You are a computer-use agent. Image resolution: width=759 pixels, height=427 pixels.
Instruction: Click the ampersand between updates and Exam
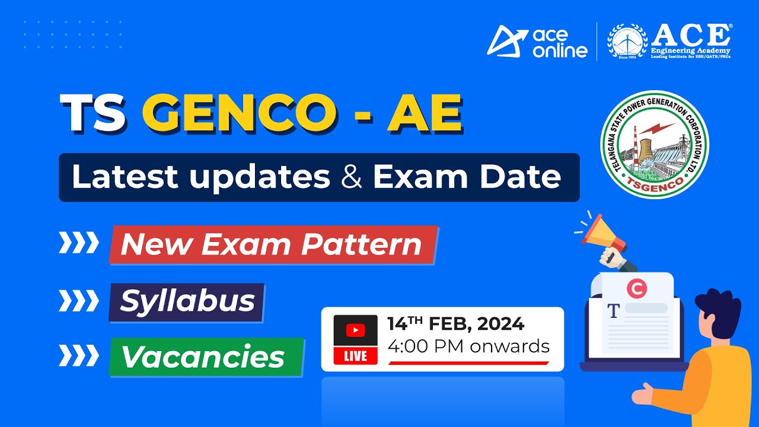point(352,177)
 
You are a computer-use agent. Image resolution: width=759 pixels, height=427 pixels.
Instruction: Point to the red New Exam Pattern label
point(272,244)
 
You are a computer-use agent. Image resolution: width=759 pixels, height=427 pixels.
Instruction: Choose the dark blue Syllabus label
point(187,301)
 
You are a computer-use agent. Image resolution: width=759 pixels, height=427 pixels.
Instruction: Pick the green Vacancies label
point(205,356)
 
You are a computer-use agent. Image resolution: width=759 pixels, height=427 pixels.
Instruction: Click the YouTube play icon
point(356,330)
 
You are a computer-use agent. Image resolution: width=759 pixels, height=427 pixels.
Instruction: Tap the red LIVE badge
point(356,355)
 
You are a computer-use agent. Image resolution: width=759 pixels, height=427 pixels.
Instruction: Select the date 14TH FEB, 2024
point(455,324)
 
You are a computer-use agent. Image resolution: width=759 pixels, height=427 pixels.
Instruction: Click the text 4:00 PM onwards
point(468,346)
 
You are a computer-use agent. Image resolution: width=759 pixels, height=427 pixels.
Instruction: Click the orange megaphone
point(602,234)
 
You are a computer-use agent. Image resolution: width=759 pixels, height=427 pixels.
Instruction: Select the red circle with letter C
point(636,289)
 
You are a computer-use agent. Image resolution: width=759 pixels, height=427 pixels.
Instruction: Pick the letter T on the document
point(613,310)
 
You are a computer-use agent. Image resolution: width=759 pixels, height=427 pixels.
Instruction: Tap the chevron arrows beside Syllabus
point(78,301)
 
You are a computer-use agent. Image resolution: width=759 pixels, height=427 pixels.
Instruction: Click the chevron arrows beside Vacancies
point(78,356)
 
